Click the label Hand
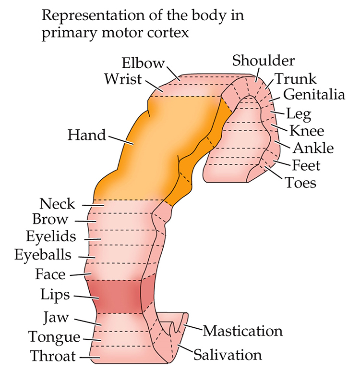pos(86,135)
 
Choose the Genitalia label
pos(314,95)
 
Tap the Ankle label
pos(313,148)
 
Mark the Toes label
pos(301,183)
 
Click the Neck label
pos(58,204)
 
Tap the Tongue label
pos(54,337)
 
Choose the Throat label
pos(53,356)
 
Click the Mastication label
pos(242,331)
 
